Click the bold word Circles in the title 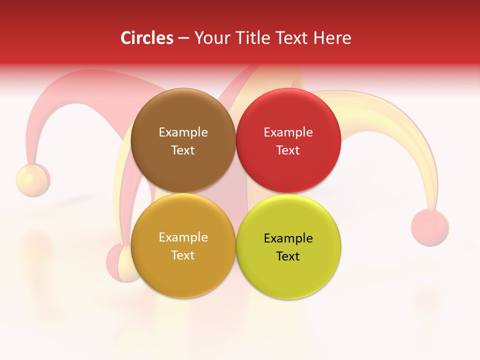click(x=146, y=38)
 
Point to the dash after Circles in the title click(x=183, y=38)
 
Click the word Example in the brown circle click(x=183, y=132)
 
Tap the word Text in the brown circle click(x=183, y=150)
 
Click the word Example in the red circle click(x=288, y=132)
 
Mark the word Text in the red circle click(x=288, y=150)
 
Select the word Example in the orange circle click(x=183, y=237)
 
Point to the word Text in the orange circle click(x=183, y=255)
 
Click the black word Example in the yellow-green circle click(x=288, y=238)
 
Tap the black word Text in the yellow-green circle click(x=288, y=256)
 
